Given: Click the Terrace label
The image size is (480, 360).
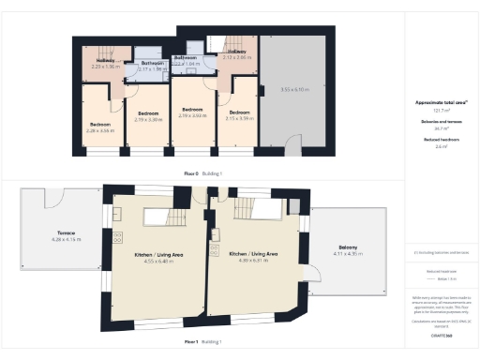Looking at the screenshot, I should pyautogui.click(x=63, y=232).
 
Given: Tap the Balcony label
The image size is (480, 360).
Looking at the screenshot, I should pyautogui.click(x=347, y=248).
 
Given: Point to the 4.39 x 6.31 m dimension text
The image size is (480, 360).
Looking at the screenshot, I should pyautogui.click(x=252, y=260).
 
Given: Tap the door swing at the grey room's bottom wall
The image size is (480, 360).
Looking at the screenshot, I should pyautogui.click(x=293, y=143).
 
